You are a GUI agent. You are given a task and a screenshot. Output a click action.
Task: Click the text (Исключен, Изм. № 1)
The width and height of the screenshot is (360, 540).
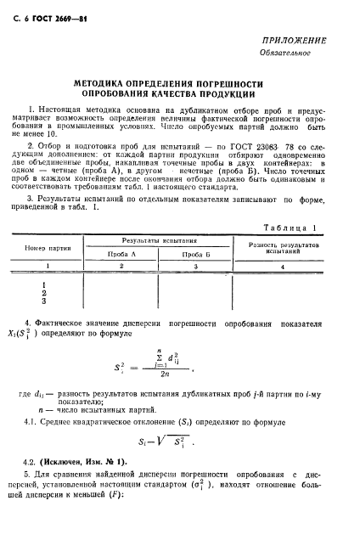point(83,464)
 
